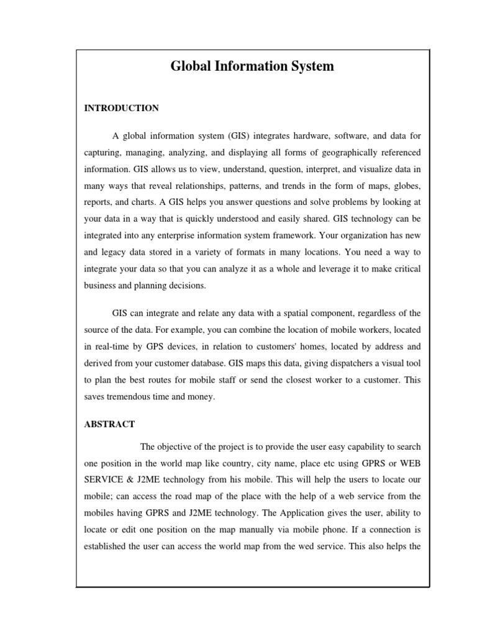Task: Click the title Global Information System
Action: [x=252, y=66]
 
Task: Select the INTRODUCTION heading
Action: [x=121, y=108]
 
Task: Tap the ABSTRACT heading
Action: [x=110, y=424]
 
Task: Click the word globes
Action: [x=404, y=186]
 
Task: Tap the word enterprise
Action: [x=183, y=236]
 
